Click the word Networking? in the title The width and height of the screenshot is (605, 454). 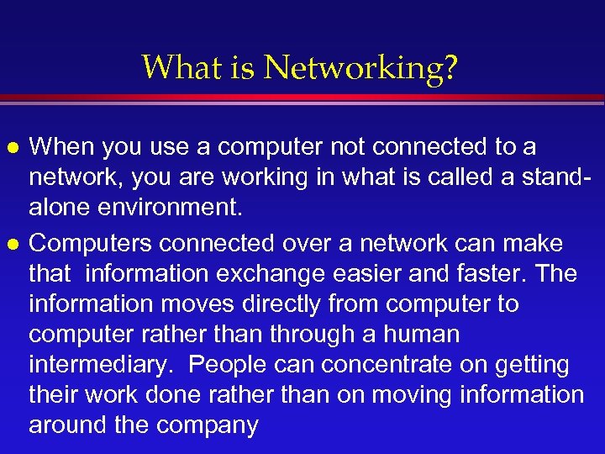(x=361, y=68)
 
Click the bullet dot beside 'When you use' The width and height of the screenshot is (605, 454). (x=11, y=148)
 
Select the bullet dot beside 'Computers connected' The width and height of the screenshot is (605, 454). (x=11, y=244)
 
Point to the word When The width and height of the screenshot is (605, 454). (x=65, y=147)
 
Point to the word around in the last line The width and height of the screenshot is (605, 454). (x=66, y=425)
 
